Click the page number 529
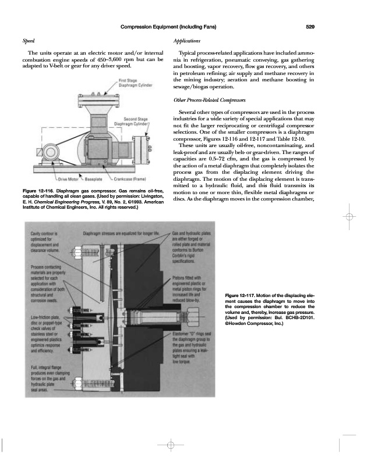[x=310, y=26]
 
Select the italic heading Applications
[x=188, y=42]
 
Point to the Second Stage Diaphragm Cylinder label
[x=132, y=123]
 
